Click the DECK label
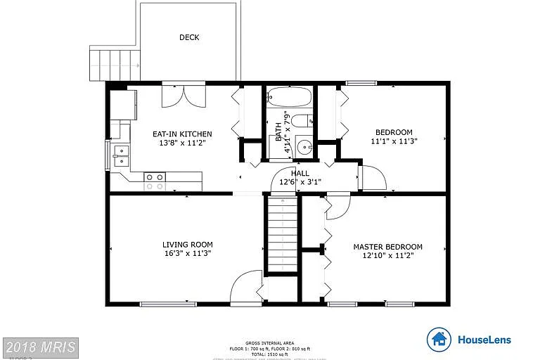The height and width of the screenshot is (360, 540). click(x=188, y=37)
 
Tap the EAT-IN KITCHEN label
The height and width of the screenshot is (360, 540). click(x=182, y=134)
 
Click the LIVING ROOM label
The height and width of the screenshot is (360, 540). click(x=187, y=245)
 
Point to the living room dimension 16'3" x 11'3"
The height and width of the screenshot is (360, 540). click(x=187, y=253)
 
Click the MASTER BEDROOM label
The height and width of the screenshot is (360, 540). click(x=387, y=247)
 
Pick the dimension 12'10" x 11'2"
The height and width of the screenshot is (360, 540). click(x=387, y=255)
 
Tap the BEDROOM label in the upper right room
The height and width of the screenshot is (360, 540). click(x=394, y=132)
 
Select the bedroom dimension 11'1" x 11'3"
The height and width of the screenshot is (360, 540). click(x=394, y=141)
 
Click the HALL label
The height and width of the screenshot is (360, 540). click(x=300, y=173)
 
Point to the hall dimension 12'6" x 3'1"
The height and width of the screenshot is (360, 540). click(x=300, y=181)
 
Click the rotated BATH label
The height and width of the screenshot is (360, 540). click(x=278, y=130)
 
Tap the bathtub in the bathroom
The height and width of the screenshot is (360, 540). click(x=289, y=97)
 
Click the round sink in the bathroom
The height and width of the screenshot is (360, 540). click(x=304, y=148)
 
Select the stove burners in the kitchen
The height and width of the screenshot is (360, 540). click(x=155, y=182)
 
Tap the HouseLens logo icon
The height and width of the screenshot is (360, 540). click(x=439, y=340)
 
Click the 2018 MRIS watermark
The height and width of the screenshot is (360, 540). click(x=40, y=347)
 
